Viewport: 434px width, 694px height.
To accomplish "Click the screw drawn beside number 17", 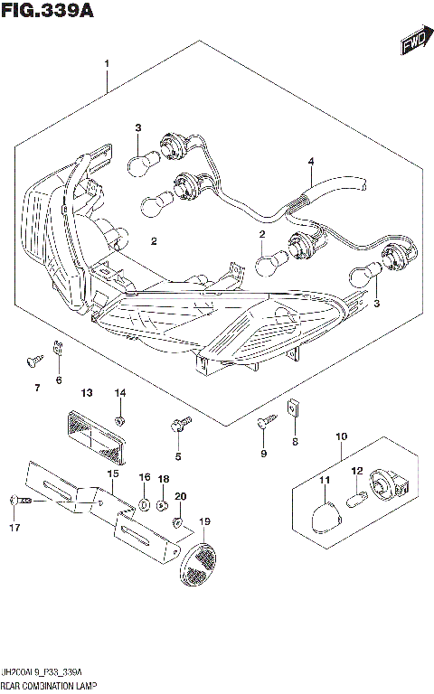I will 19,500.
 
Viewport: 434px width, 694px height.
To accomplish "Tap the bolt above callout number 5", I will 178,422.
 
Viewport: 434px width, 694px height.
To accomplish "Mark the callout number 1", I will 107,64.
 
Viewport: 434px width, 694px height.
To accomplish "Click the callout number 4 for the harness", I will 310,163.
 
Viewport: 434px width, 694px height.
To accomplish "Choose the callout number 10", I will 341,436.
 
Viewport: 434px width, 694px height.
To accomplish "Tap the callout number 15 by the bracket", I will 113,474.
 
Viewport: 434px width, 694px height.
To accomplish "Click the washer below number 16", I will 145,501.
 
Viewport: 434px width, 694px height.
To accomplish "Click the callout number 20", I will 181,496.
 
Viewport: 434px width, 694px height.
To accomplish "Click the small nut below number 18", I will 162,503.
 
